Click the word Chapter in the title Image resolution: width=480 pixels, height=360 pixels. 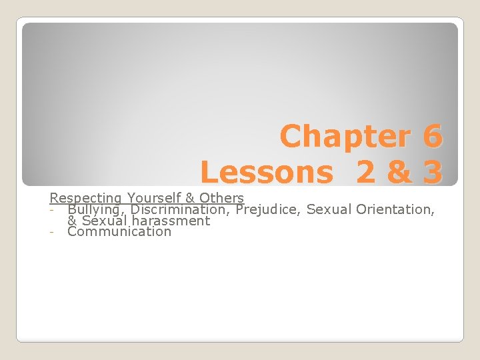(x=346, y=137)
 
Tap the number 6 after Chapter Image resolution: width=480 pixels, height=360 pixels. (x=431, y=137)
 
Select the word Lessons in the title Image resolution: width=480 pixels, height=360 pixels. (x=267, y=173)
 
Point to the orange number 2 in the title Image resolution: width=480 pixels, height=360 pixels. (x=365, y=173)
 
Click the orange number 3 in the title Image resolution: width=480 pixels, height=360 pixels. (x=431, y=173)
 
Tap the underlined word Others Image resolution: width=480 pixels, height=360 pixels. (x=222, y=198)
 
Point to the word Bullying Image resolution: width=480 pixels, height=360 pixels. (x=97, y=209)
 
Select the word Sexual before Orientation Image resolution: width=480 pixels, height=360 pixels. (x=329, y=209)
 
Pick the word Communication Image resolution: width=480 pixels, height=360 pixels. (x=119, y=232)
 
